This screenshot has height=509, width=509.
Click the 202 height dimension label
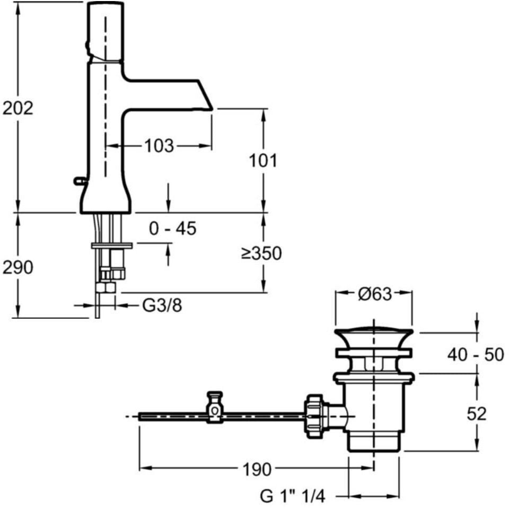click(x=18, y=108)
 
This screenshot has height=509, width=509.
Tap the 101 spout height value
click(x=264, y=160)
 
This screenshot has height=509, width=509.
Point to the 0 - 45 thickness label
click(x=173, y=229)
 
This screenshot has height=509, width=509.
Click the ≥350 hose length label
click(x=261, y=254)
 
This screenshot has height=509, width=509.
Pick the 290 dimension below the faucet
click(x=18, y=268)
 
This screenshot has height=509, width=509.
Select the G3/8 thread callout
click(x=162, y=306)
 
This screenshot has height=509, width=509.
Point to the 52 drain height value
click(x=476, y=414)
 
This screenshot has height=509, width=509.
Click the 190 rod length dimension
click(x=257, y=469)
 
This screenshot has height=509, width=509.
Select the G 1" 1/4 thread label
click(x=292, y=496)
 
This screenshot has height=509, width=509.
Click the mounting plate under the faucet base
click(x=112, y=245)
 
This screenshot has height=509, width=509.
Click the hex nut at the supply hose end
click(x=106, y=288)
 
